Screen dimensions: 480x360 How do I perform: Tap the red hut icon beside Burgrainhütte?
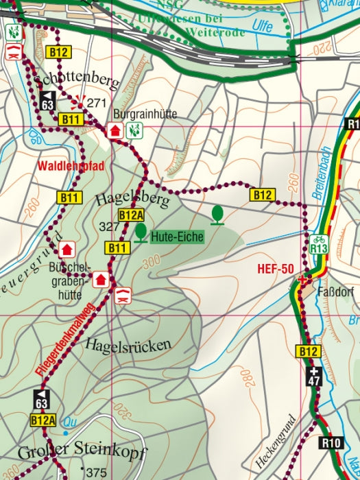tap(115, 130)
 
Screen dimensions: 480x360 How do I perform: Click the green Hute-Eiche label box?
tap(178, 237)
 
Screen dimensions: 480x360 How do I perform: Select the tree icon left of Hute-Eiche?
tap(141, 233)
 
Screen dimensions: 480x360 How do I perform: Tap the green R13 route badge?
tap(319, 250)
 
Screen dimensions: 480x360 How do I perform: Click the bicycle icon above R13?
tap(319, 239)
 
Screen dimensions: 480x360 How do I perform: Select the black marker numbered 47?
tap(315, 376)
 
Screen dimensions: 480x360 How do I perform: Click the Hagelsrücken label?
tap(128, 346)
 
